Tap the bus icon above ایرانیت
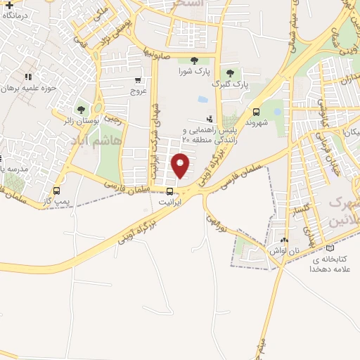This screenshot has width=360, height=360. point(169,191)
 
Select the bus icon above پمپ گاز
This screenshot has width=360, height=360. point(56,191)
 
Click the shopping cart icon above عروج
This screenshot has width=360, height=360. point(138,80)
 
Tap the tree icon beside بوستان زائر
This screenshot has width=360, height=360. point(81,110)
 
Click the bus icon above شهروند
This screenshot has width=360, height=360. point(255,111)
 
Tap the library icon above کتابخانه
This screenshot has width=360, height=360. point(330,248)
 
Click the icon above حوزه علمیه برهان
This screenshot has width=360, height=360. point(28,77)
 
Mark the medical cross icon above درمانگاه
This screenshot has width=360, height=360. point(9,5)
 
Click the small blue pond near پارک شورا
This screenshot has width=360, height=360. point(202,99)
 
